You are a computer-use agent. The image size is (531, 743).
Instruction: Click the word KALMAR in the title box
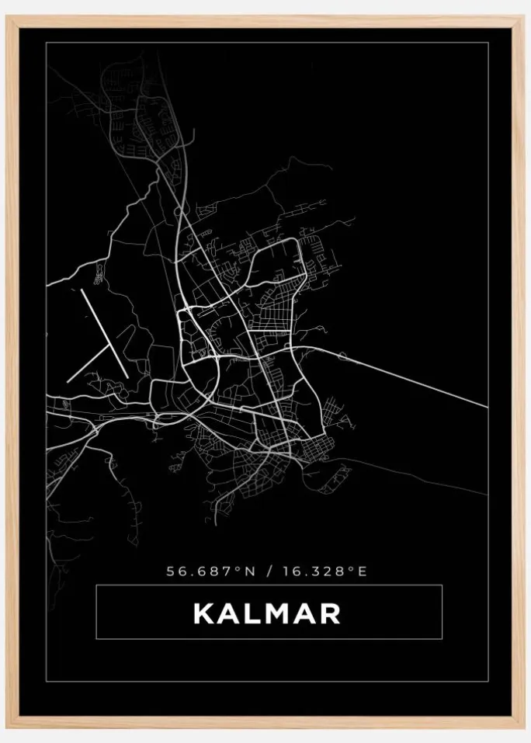[267, 613]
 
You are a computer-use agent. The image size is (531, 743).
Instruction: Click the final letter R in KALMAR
[329, 613]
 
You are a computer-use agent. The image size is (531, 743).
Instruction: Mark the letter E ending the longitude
[362, 571]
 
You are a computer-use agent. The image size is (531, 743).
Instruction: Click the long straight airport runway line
[104, 334]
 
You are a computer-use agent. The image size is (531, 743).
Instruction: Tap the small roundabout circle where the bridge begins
[342, 356]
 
